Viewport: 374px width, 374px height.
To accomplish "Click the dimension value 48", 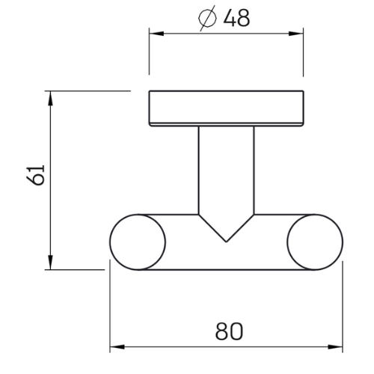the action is (236, 18).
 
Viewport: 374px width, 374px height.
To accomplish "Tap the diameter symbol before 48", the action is (207, 18).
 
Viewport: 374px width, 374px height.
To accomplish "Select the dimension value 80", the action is (229, 331).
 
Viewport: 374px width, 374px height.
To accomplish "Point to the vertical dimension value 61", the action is (35, 175).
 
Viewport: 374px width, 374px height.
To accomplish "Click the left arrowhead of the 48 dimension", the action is (156, 34).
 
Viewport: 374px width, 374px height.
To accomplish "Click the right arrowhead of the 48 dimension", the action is (296, 34).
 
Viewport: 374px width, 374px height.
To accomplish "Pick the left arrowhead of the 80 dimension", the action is (117, 347).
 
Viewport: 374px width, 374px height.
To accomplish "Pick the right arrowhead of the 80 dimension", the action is (335, 347).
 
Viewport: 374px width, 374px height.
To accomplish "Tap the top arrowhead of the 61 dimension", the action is (51, 99).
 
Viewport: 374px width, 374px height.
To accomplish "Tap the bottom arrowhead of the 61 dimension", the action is (51, 262).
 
